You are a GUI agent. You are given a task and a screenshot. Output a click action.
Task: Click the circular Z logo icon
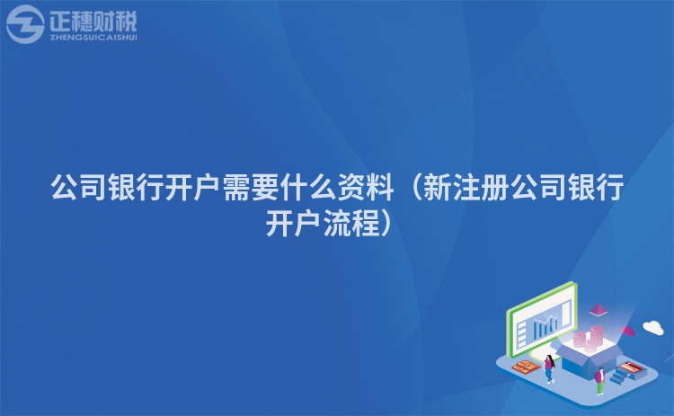[x=25, y=24]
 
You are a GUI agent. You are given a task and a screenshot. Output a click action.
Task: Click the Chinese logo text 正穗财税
[x=93, y=21]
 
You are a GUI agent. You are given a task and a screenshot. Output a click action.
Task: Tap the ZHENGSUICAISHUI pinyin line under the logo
[x=93, y=38]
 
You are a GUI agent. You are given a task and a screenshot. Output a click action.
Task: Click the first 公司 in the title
[x=79, y=188]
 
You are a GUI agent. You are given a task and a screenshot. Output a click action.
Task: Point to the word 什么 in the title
[x=307, y=188]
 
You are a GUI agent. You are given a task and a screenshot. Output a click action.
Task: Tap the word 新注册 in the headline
[x=466, y=188]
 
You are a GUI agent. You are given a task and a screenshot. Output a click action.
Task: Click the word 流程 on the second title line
[x=351, y=223]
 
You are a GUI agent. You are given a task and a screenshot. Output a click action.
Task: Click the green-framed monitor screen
[x=543, y=319]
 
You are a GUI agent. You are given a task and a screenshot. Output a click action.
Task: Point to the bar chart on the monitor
[x=545, y=326]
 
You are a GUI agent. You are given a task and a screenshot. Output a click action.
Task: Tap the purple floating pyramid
[x=598, y=309]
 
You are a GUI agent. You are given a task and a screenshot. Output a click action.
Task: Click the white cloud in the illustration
[x=653, y=327]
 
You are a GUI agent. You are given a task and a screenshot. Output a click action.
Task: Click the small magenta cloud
[x=627, y=331]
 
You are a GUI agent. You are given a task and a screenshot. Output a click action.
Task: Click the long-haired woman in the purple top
[x=549, y=368]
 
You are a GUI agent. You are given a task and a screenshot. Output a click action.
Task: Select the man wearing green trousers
[x=599, y=381]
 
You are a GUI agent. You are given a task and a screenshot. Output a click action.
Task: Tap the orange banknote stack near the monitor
[x=526, y=367]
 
